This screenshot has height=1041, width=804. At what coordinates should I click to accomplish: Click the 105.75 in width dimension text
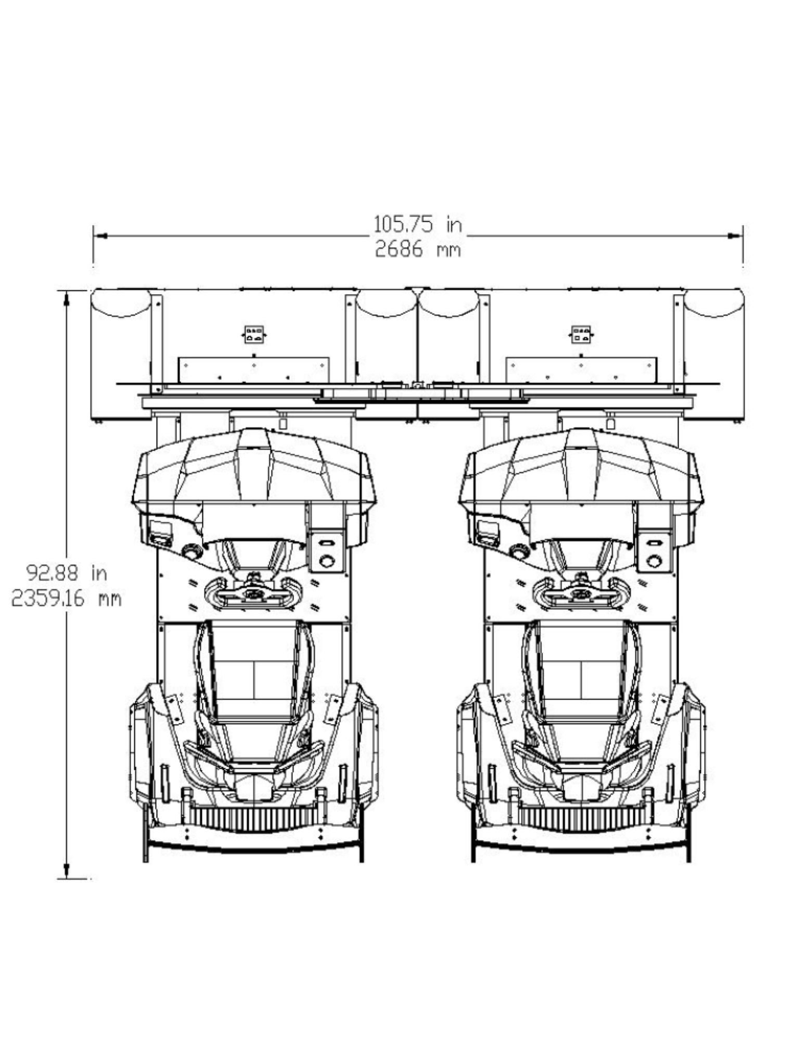point(418,224)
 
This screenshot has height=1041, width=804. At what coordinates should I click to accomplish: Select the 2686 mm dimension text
point(418,250)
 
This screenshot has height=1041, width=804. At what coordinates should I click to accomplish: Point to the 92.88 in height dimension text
point(67,573)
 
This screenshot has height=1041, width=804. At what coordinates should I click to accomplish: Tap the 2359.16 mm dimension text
point(67,599)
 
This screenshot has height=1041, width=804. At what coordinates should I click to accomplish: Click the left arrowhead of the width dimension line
point(100,236)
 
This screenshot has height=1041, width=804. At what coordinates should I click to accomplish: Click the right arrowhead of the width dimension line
point(736,236)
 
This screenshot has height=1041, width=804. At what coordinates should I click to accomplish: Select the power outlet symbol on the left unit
point(253,335)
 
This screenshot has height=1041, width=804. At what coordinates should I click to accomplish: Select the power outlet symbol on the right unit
point(581,335)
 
